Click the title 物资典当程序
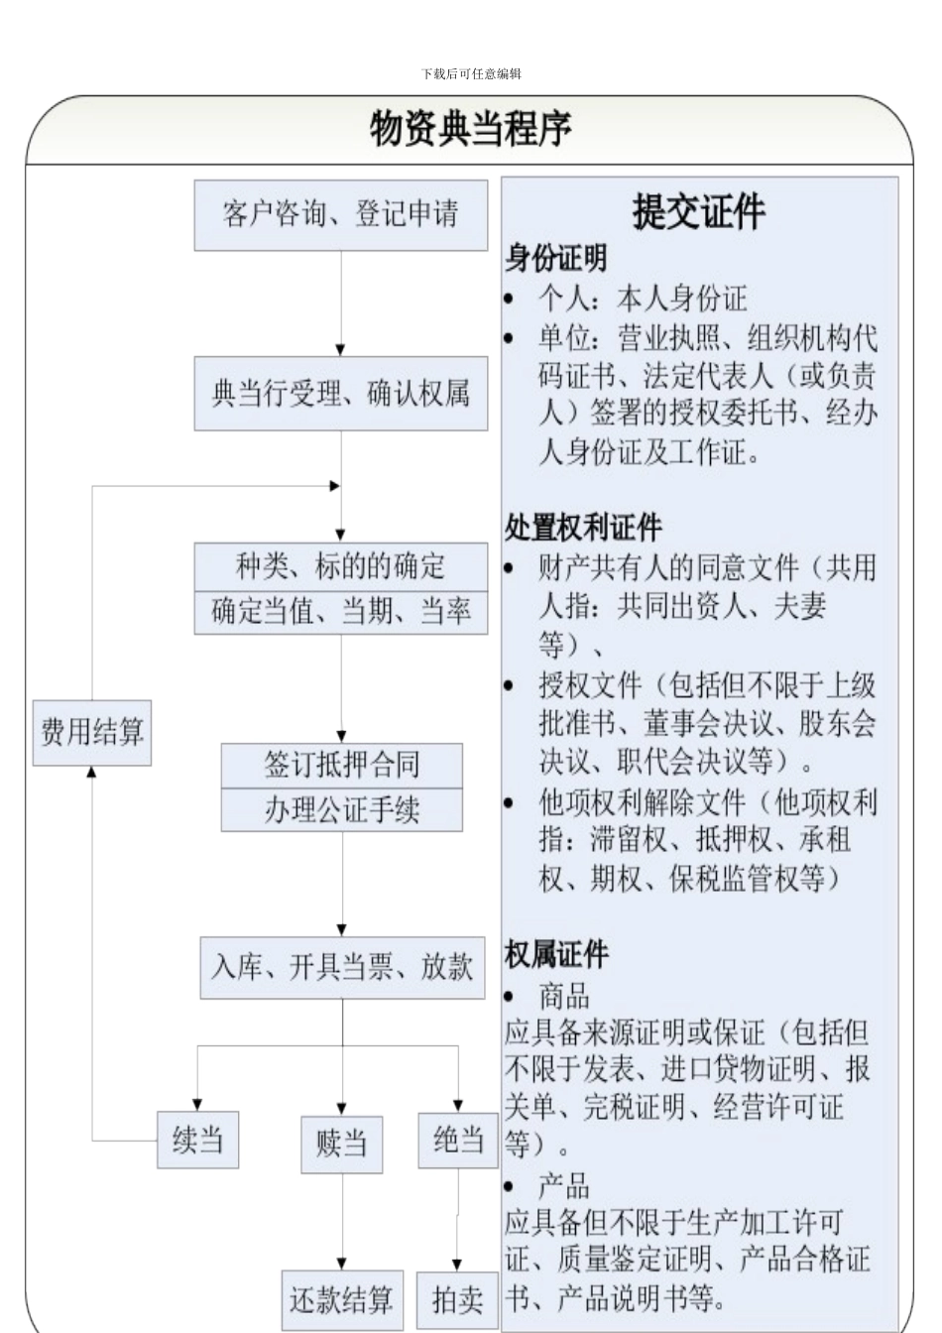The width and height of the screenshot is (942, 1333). tap(470, 129)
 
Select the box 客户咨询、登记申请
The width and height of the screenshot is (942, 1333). tap(340, 214)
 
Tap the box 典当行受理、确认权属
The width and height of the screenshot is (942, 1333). tap(340, 394)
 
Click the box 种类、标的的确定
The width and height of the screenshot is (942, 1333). tap(340, 566)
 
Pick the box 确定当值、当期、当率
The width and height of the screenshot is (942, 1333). tap(340, 611)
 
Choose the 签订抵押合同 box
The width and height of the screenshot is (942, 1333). tap(341, 765)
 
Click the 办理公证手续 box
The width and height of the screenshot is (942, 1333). tap(341, 809)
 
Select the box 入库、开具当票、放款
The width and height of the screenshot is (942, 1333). tap(342, 966)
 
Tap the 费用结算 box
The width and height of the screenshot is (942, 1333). tap(91, 733)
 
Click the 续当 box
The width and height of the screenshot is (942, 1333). tap(197, 1140)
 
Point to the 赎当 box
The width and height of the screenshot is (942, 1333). tap(341, 1145)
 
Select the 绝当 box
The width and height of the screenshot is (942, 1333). tap(457, 1140)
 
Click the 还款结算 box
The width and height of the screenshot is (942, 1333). tap(341, 1300)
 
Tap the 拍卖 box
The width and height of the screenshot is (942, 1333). tap(457, 1300)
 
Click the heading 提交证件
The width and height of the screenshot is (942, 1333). tap(699, 212)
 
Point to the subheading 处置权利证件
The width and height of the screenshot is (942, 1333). tap(582, 527)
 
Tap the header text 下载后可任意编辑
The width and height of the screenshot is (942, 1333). tap(471, 73)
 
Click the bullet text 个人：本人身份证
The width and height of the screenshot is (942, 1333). tap(642, 298)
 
